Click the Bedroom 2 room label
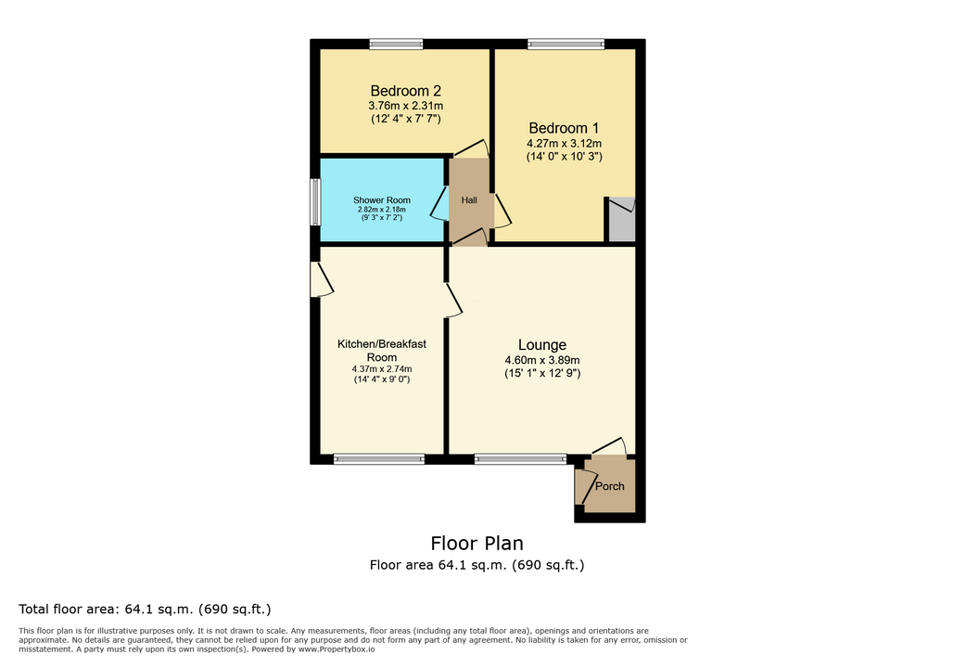(406, 91)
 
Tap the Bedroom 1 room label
(564, 128)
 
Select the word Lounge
(542, 344)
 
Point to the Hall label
(469, 199)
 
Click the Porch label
(610, 486)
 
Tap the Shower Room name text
(381, 199)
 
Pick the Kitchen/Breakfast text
(381, 344)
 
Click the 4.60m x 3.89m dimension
(542, 361)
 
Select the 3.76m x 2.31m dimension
(406, 106)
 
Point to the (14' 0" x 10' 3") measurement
(564, 157)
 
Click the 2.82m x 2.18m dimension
(381, 210)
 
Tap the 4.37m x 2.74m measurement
(381, 369)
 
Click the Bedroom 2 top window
(396, 44)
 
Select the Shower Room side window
(315, 202)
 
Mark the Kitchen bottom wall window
(379, 459)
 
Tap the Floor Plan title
(477, 543)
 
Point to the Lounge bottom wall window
(521, 459)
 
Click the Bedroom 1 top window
(566, 44)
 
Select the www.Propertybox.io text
(337, 649)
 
